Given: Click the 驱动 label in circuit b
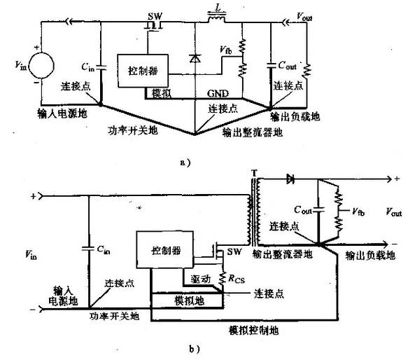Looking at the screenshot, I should click(199, 279).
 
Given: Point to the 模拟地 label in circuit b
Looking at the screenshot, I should click(188, 300).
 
